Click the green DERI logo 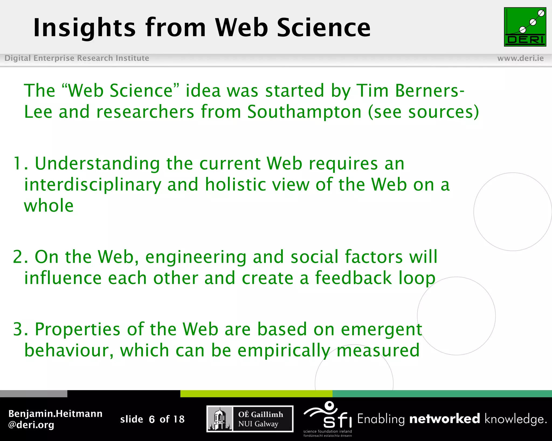click(525, 27)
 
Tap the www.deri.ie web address click(520, 58)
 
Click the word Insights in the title click(84, 28)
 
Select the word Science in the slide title click(324, 28)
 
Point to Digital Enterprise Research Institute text click(77, 58)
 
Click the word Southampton click(304, 112)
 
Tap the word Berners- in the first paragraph click(430, 90)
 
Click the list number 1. click(19, 163)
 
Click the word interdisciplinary click(92, 185)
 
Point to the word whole click(49, 206)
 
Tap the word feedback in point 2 click(353, 278)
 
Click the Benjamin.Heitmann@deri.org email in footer click(55, 419)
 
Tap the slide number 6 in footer click(152, 419)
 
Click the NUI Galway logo click(250, 419)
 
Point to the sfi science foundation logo click(327, 418)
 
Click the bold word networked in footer click(444, 419)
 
